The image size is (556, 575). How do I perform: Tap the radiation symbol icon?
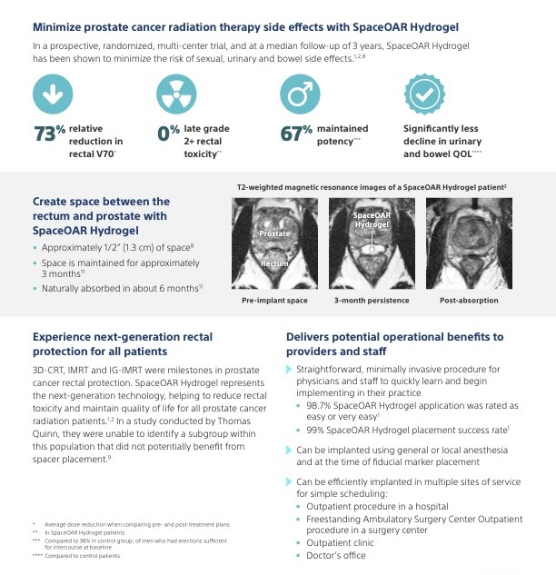pyautogui.click(x=178, y=94)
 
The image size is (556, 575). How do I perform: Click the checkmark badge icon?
pyautogui.click(x=425, y=94)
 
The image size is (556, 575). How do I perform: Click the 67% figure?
pyautogui.click(x=296, y=134)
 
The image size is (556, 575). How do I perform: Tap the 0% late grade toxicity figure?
pyautogui.click(x=168, y=134)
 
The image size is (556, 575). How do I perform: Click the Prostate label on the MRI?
pyautogui.click(x=274, y=233)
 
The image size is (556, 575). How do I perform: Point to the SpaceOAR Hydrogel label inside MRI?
pyautogui.click(x=371, y=219)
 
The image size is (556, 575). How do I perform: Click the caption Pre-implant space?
pyautogui.click(x=273, y=300)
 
